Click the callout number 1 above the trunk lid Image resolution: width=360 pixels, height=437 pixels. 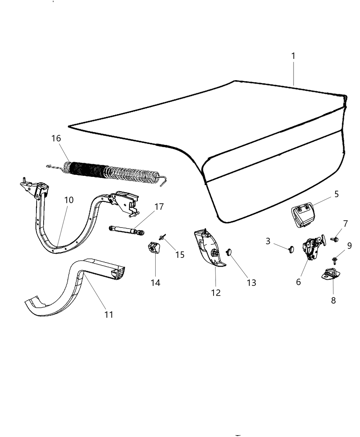293,56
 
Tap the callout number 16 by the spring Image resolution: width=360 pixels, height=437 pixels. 56,138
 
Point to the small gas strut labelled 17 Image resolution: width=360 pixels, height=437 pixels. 127,230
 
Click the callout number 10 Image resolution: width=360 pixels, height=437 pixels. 69,200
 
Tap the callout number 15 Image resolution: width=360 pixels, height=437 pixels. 180,255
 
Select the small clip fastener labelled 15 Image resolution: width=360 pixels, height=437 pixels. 162,237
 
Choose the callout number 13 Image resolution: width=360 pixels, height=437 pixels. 251,283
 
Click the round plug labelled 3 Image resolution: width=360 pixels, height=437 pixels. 291,250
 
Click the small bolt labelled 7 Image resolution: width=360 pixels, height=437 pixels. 334,239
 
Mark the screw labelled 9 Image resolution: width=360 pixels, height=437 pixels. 334,261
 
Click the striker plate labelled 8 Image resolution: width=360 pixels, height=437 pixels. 330,274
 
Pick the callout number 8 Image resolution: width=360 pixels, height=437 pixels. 333,300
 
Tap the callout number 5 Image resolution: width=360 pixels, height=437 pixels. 336,194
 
